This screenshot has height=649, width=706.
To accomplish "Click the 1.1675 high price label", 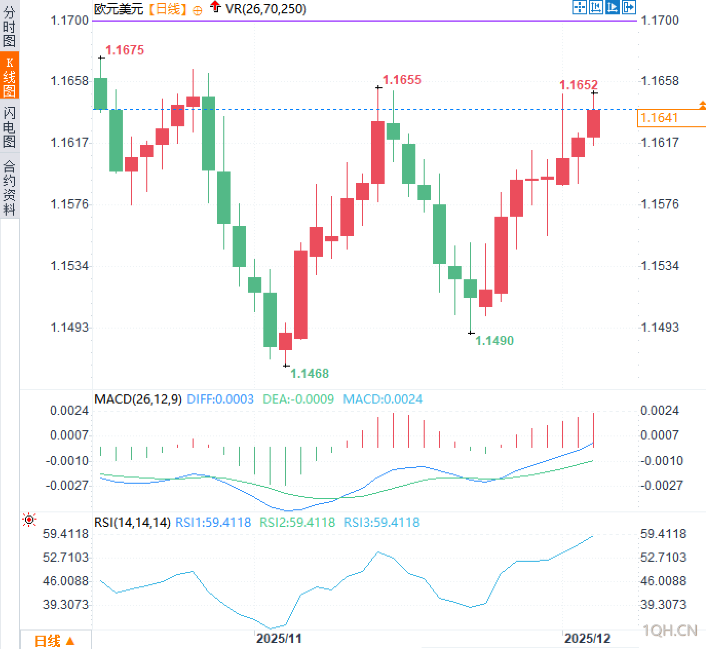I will [x=125, y=50].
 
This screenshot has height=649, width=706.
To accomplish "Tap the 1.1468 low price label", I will [x=310, y=373].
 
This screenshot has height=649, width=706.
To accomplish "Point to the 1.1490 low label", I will [x=494, y=340].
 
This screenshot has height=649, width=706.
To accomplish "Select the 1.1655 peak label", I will [x=402, y=80].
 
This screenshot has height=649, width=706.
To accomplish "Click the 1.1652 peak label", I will [x=579, y=85].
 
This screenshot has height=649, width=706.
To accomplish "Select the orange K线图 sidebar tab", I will [x=9, y=76].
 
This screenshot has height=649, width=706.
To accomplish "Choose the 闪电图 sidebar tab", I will [x=9, y=126].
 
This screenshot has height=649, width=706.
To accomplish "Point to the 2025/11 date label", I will [x=279, y=638].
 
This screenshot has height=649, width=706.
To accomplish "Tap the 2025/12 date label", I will [x=587, y=638].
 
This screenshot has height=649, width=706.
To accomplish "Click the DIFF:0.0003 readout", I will [x=220, y=399].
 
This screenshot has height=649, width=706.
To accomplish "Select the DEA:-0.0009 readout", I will [x=298, y=399].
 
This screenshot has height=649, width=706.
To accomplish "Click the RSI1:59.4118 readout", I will [x=213, y=522].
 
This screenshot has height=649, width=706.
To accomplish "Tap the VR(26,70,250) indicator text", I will [x=266, y=9].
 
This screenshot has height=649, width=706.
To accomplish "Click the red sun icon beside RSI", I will [x=30, y=520].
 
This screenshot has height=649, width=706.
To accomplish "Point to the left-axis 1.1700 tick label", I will [x=69, y=21].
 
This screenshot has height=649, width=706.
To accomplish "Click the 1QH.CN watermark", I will [x=670, y=631].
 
